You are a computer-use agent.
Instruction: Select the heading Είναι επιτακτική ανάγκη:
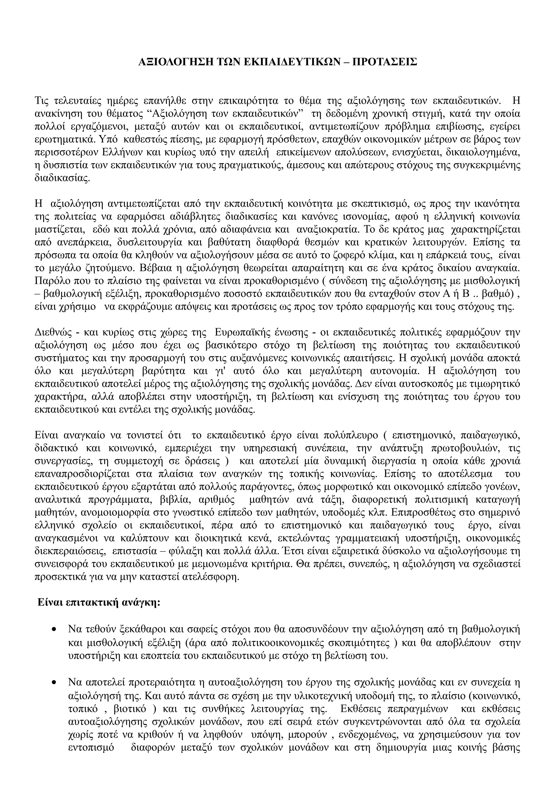[x=99, y=602]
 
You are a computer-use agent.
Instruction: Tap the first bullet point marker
[x=54, y=630]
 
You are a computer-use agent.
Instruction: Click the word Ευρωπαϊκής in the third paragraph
[x=243, y=332]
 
